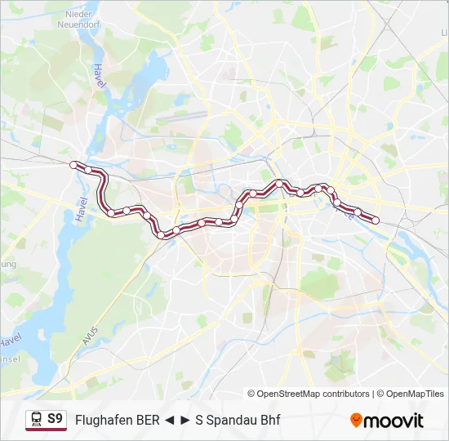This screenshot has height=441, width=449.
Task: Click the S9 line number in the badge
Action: click(55, 419)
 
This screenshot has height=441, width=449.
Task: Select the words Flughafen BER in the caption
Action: click(117, 421)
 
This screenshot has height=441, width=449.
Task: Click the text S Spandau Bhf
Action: click(238, 421)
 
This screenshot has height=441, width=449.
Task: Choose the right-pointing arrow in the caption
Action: click(185, 421)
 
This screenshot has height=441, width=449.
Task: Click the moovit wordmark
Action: click(394, 421)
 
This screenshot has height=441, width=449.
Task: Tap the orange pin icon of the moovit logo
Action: click(356, 421)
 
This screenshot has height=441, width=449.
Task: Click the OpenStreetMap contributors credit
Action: click(309, 394)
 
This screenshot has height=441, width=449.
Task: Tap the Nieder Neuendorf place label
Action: click(78, 20)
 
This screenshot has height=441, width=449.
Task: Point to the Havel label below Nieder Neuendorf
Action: click(100, 78)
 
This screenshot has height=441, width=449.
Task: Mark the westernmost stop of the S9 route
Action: click(74, 165)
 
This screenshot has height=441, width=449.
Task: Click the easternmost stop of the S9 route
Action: click(376, 220)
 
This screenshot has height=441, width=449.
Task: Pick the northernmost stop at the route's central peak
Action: click(280, 183)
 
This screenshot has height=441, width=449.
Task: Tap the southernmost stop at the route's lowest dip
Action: click(160, 235)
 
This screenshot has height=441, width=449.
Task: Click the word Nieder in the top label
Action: click(78, 14)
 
